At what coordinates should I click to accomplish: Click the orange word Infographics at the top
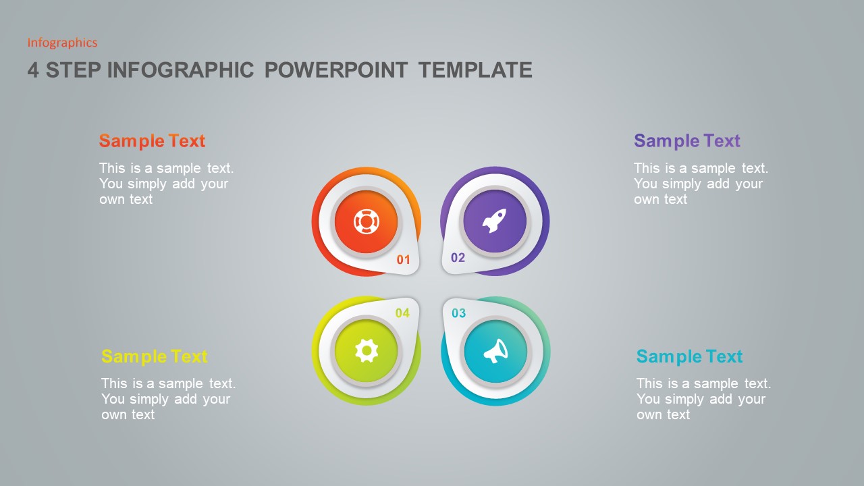click(62, 43)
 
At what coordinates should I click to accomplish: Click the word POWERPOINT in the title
click(335, 70)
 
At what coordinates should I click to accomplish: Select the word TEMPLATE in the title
click(475, 70)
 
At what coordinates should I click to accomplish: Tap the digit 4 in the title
click(33, 70)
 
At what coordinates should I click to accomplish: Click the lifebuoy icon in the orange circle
click(366, 221)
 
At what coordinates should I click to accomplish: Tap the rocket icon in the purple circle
click(495, 221)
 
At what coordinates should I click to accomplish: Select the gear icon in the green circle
click(367, 350)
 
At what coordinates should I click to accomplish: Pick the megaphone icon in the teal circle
click(495, 351)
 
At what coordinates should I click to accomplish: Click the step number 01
click(403, 260)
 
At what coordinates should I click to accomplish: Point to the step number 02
click(458, 258)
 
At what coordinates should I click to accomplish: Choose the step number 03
click(458, 313)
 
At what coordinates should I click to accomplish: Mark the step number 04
click(402, 313)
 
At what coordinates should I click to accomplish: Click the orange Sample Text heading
click(152, 141)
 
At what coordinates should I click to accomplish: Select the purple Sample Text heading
click(686, 141)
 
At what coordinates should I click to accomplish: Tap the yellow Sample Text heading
click(154, 356)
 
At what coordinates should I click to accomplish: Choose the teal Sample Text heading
click(689, 356)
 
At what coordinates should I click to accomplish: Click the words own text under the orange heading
click(126, 200)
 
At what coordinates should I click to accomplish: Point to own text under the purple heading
click(660, 200)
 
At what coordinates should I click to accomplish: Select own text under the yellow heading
click(128, 415)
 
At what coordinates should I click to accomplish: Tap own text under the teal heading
click(663, 415)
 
